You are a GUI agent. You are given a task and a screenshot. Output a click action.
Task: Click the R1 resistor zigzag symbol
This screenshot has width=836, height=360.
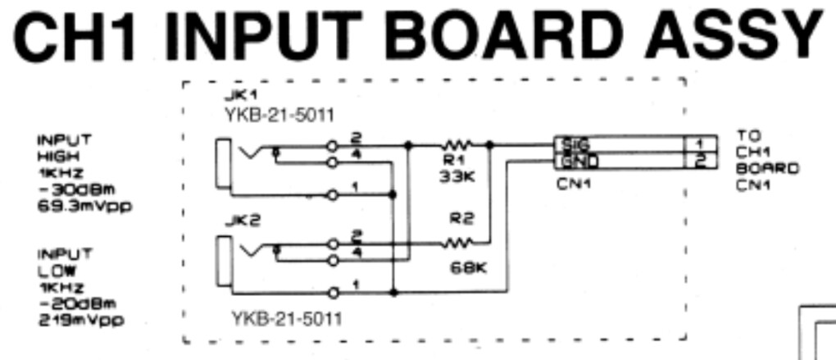click(454, 144)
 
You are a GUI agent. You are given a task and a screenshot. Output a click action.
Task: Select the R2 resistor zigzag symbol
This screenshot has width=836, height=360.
click(454, 243)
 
